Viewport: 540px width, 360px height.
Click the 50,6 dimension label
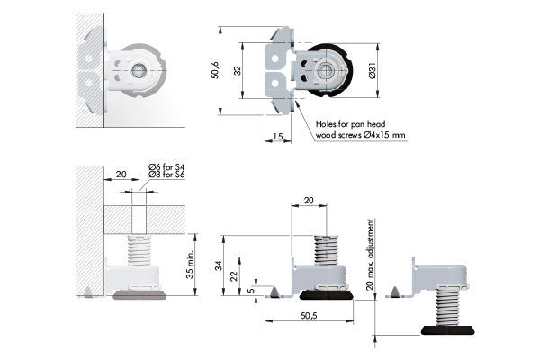click(215, 70)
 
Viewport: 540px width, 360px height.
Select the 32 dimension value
click(238, 70)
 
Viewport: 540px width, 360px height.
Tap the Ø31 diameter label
click(373, 71)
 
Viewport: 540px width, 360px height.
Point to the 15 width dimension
click(277, 137)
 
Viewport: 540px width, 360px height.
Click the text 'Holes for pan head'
click(351, 123)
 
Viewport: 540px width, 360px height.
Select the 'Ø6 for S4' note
click(166, 167)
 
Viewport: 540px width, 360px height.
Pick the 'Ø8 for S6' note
click(166, 175)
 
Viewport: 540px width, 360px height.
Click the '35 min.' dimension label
click(190, 265)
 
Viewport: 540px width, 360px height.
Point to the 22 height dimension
click(234, 276)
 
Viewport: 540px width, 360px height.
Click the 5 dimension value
click(252, 290)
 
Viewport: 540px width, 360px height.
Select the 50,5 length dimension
click(309, 316)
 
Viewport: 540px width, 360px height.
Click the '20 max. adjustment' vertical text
click(370, 255)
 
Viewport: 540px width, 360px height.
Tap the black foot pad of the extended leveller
click(447, 329)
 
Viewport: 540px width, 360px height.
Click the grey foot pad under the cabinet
click(140, 294)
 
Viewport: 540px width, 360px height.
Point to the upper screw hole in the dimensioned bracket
click(274, 58)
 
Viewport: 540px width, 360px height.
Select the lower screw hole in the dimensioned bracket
click(274, 83)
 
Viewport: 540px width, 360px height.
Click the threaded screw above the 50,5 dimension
click(326, 249)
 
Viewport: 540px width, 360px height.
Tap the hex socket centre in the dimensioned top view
click(324, 72)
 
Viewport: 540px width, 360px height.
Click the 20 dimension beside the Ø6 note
click(121, 175)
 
